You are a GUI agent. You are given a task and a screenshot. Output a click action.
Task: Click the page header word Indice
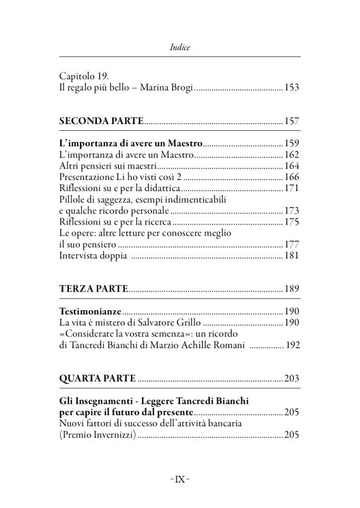click(180, 47)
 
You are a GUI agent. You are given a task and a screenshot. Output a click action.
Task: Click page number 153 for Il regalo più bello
click(292, 88)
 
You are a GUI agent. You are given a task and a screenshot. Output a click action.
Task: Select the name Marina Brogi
click(167, 88)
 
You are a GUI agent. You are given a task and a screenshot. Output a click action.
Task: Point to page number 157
click(292, 120)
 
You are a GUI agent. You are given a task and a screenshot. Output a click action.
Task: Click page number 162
click(292, 154)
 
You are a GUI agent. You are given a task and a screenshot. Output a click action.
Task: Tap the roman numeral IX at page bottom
click(180, 478)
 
